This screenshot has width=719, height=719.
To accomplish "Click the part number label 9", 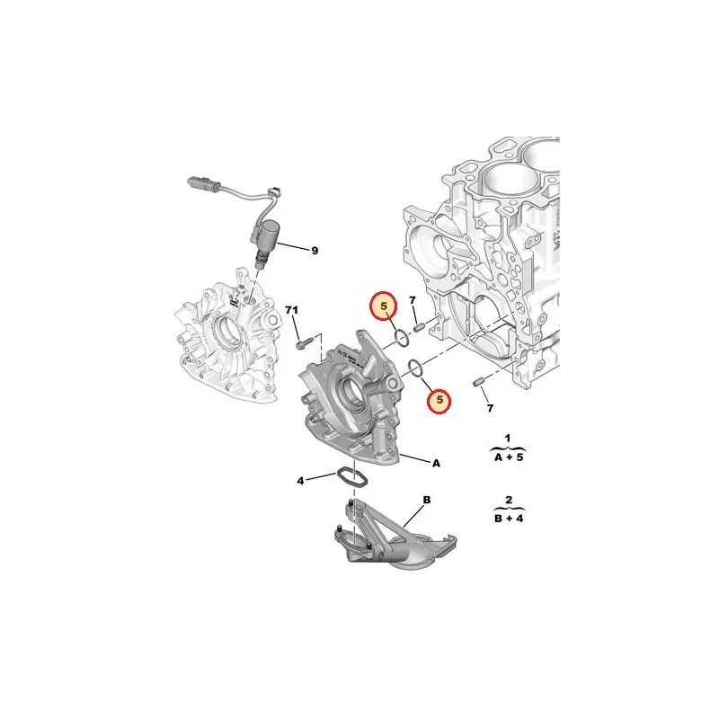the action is [x=315, y=251].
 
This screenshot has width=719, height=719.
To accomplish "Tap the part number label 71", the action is [x=291, y=310].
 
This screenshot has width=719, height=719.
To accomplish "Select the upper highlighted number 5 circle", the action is [x=384, y=306].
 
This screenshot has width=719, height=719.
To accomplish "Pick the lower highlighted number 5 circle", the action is [x=439, y=400].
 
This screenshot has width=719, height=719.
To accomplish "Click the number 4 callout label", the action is [x=300, y=481].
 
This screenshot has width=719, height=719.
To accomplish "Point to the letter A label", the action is [x=436, y=463].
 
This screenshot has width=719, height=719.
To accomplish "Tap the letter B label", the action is [x=426, y=500].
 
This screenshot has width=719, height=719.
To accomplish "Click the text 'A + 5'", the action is [x=509, y=457].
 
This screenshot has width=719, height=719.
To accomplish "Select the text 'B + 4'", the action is [x=509, y=519].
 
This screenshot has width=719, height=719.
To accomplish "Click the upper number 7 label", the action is [x=413, y=300].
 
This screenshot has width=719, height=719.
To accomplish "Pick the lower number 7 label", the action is [x=490, y=408].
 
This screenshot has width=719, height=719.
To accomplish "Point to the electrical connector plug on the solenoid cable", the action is [x=198, y=182].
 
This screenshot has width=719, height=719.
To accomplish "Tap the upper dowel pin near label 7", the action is [x=418, y=328].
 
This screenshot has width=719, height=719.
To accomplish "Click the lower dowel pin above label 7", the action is [x=479, y=381].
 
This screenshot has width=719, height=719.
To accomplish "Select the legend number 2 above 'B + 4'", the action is [x=509, y=500].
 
